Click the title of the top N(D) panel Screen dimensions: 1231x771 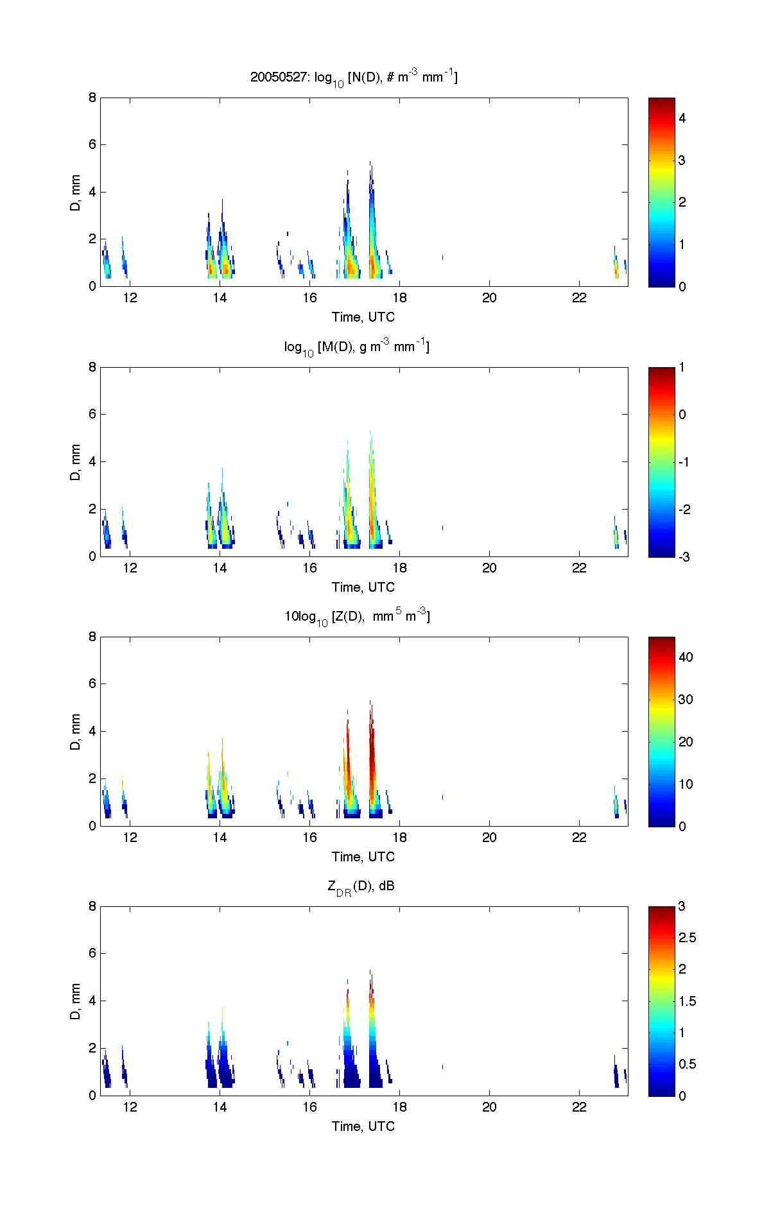354,78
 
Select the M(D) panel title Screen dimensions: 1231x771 357,347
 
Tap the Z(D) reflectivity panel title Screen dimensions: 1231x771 357,617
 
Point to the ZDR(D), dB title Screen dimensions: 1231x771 361,887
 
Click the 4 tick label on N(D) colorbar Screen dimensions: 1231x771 682,118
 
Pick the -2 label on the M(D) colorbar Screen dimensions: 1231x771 684,509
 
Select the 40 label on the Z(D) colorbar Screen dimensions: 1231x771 686,657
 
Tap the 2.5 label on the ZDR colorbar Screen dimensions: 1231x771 688,938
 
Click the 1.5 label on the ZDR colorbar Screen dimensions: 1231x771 688,1001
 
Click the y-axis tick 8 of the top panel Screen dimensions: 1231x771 92,98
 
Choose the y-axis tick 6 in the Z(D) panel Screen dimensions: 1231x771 92,684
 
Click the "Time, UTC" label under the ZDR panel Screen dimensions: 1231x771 363,1126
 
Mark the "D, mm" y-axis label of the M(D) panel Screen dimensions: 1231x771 76,461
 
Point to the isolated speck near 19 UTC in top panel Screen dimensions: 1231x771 442,257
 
